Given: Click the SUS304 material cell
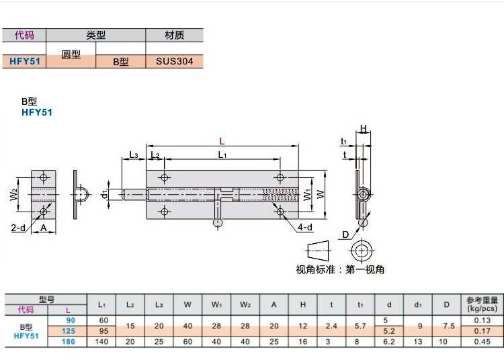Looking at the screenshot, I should coord(174,61).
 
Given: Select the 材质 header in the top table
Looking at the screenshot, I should coord(174,36).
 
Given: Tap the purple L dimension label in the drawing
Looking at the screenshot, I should coord(222,140).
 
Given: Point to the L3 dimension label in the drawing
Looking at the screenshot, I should coord(133,155).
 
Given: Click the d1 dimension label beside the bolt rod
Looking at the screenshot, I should coord(104,195).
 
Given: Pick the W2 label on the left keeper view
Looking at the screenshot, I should coord(14,195).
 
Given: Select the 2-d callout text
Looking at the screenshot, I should coord(18,228).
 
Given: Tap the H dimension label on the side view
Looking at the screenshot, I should coord(363,129).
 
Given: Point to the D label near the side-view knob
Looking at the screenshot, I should coord(345,234).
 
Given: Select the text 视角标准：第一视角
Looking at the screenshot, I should coord(340,269).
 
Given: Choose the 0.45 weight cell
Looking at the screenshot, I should coord(480,341).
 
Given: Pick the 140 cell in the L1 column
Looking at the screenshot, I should coord(103,341).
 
